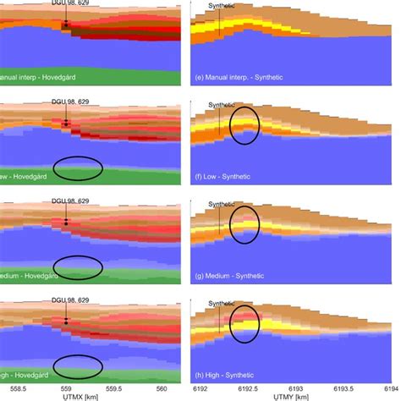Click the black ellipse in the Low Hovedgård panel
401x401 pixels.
(x=78, y=168)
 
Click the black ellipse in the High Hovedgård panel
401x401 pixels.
(x=78, y=366)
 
